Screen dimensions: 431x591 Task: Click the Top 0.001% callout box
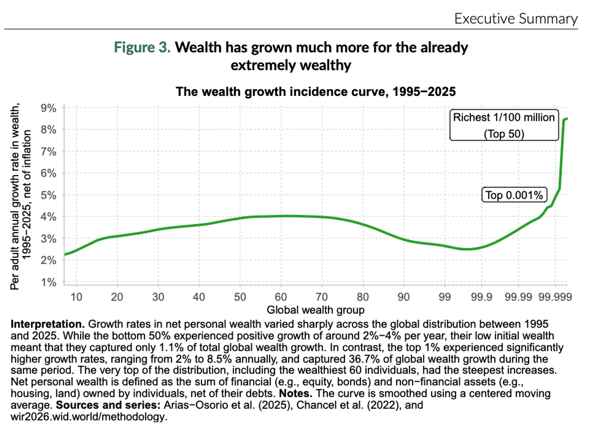pyautogui.click(x=514, y=195)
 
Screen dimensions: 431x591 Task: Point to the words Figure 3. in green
pyautogui.click(x=143, y=48)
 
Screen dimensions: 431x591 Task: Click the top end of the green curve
pyautogui.click(x=567, y=119)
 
